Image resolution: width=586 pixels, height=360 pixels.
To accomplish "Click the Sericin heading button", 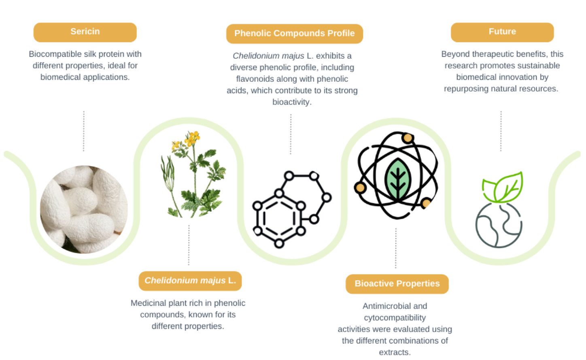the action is pos(85,32).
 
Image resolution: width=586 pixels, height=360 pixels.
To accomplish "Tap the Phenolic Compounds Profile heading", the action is pos(294,34).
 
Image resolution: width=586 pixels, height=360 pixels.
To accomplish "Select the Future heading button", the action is pos(502,32).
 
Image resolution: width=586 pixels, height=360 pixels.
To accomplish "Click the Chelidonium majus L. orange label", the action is pos(190,281).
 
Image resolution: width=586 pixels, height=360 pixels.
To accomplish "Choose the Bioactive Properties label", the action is pos(397,284).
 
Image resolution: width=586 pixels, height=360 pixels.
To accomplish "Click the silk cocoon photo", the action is pos(84,209).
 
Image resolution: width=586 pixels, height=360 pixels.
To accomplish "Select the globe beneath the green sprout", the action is pos(499,225).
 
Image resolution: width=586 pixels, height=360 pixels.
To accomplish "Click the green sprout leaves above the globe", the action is pos(503,187).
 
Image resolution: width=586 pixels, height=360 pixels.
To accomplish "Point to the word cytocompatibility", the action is pos(395,318).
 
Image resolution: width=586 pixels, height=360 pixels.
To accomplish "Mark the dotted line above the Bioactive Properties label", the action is pos(396,248).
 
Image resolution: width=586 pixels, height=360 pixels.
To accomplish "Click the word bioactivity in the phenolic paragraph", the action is pos(291,102).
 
